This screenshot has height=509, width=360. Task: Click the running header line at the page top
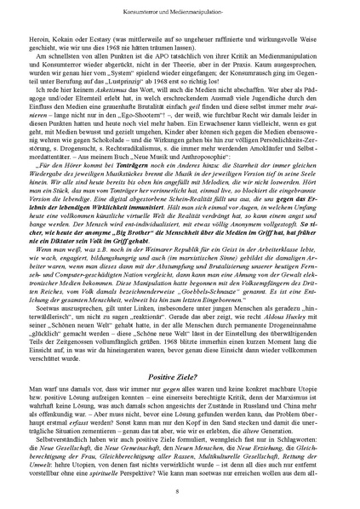(180, 16)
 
